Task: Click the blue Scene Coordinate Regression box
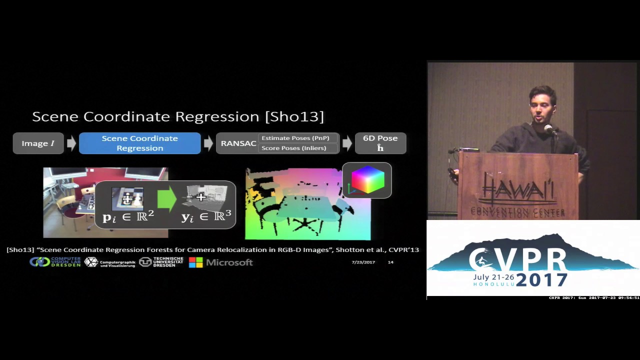tap(139, 143)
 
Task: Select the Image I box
tap(38, 143)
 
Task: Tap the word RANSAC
tap(238, 143)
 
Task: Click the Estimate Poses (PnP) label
tap(295, 138)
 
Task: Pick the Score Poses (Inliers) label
tap(293, 148)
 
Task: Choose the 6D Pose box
tap(380, 143)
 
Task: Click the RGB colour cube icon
tap(367, 180)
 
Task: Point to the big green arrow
tap(166, 198)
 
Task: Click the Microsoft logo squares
tap(195, 262)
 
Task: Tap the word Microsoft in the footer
tap(229, 262)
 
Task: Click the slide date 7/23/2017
tap(363, 262)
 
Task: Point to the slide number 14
tap(390, 262)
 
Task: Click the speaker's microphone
tap(548, 129)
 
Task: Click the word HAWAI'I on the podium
tap(517, 190)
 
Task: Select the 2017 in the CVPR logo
tap(541, 279)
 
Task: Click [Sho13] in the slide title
tap(294, 117)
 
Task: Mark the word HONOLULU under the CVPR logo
tap(493, 284)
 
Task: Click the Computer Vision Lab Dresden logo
tap(55, 262)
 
